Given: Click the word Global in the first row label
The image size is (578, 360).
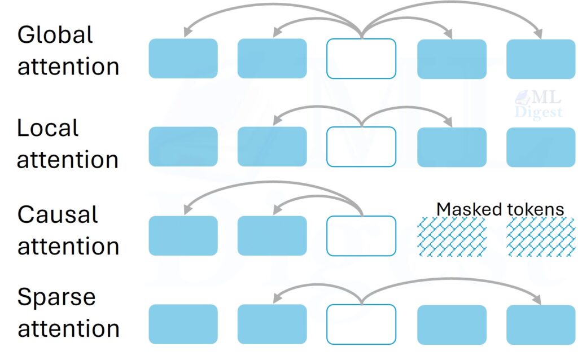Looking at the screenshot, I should click(x=55, y=35).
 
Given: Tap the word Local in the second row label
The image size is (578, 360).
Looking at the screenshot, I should click(x=48, y=129).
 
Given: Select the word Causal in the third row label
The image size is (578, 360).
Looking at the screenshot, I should click(x=58, y=215).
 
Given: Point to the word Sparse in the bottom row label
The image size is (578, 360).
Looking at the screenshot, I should click(x=56, y=297).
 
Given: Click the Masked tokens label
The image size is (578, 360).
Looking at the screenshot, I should click(x=500, y=209).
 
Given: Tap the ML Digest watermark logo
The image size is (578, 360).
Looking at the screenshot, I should click(x=538, y=106).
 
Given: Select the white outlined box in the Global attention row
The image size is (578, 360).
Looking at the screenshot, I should click(x=361, y=59).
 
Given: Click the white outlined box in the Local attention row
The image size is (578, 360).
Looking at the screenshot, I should click(x=361, y=147).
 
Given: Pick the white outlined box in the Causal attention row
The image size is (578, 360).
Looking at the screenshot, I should click(x=361, y=235).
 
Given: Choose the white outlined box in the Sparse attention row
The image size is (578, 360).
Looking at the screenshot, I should click(x=361, y=324).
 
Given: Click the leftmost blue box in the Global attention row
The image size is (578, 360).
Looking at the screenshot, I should click(x=183, y=59).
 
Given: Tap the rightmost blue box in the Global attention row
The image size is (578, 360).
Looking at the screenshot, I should click(x=541, y=59).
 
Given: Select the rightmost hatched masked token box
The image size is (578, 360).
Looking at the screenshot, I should click(x=541, y=236).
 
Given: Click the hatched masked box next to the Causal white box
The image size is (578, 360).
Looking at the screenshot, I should click(x=452, y=236).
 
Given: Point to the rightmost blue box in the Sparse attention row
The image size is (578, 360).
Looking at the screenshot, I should click(x=541, y=324).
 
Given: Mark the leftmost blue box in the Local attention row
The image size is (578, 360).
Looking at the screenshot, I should click(x=183, y=147).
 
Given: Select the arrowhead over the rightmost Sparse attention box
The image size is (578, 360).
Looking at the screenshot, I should click(x=538, y=300).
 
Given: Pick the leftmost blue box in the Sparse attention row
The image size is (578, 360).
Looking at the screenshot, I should click(x=183, y=324).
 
